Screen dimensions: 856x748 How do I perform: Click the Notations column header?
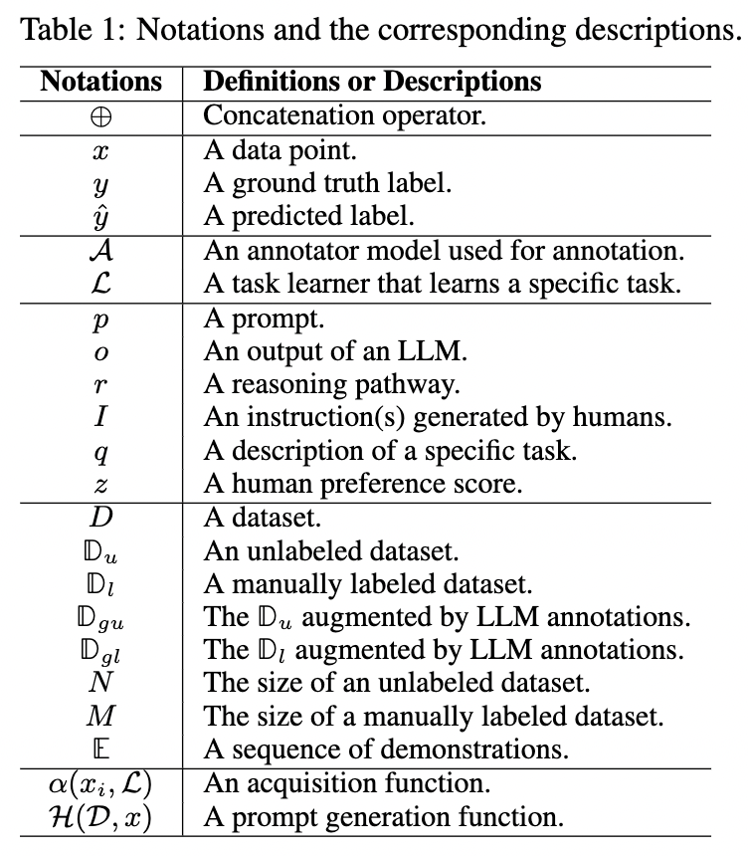100,81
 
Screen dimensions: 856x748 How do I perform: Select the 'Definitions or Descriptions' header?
372,81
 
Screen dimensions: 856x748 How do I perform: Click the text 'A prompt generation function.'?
384,818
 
